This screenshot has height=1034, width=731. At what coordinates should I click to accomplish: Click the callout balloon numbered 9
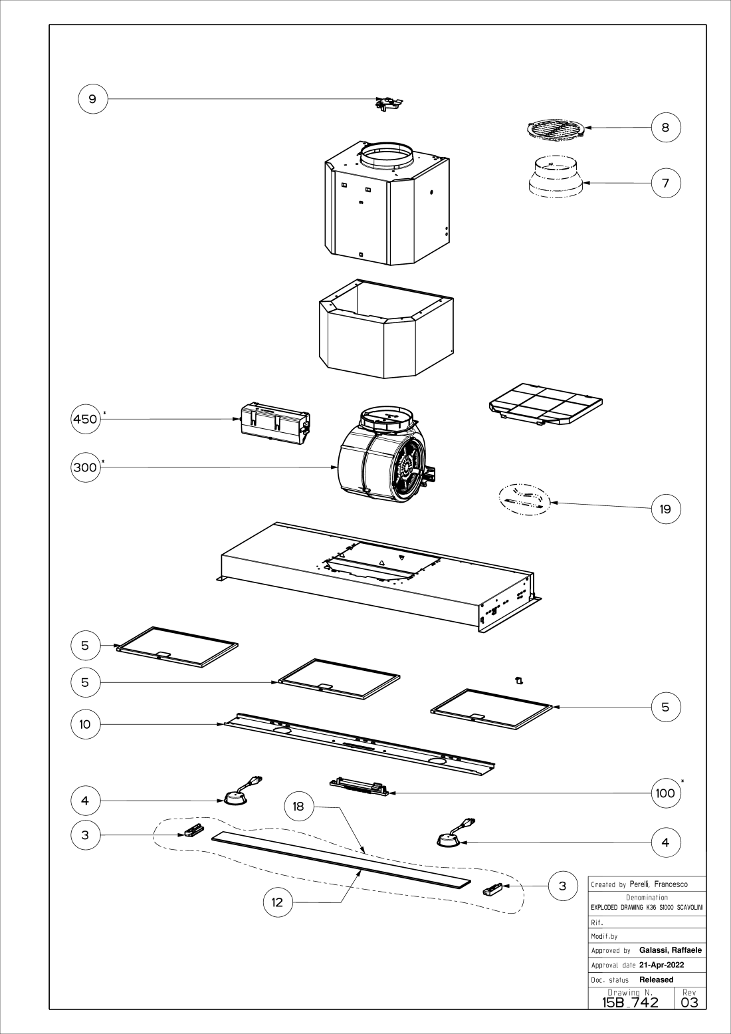92,99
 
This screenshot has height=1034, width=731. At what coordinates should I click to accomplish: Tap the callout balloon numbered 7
666,183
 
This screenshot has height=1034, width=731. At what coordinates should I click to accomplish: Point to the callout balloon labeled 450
85,419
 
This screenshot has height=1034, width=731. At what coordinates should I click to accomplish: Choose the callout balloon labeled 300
85,467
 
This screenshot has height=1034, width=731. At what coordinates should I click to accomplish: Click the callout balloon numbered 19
666,509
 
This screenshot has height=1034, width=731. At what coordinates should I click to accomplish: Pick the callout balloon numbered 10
85,724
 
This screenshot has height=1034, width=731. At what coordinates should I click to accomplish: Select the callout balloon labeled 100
665,793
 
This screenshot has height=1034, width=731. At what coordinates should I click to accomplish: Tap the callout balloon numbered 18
298,807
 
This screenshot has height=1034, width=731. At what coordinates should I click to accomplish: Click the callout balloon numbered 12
278,902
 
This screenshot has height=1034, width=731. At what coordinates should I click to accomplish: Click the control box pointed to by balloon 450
274,421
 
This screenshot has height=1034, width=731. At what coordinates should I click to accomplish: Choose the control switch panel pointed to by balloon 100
359,787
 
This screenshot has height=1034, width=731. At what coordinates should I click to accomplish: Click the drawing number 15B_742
630,1002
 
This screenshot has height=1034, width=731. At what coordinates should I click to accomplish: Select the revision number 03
690,1002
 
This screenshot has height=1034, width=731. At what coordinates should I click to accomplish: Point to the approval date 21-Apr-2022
661,965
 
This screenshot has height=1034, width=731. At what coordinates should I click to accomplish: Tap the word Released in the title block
656,979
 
